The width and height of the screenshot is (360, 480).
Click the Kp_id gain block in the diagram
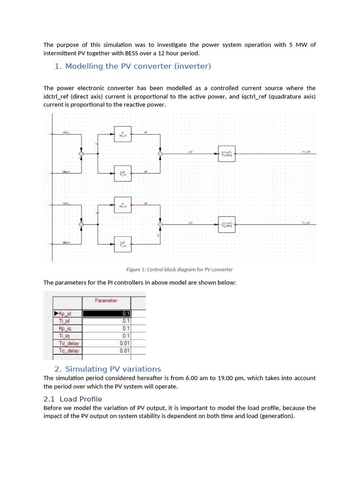pos(123,134)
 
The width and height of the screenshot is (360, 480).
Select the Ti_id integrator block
pos(123,173)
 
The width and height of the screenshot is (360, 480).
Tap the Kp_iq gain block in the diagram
pos(123,204)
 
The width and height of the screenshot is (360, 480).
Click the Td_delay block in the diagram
pos(227,153)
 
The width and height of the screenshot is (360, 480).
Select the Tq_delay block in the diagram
pos(227,225)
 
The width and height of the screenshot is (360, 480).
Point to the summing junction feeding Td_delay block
pos(160,153)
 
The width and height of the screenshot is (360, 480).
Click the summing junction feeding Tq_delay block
pos(160,225)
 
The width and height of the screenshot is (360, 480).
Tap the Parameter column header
pos(106,300)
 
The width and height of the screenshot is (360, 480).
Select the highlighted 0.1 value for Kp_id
pos(107,314)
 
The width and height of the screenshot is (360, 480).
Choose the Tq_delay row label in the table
pos(68,351)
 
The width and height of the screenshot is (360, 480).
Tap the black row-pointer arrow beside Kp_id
pos(56,314)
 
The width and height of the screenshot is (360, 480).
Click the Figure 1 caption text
pos(180,270)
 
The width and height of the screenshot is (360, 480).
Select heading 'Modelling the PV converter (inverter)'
pos(133,66)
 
